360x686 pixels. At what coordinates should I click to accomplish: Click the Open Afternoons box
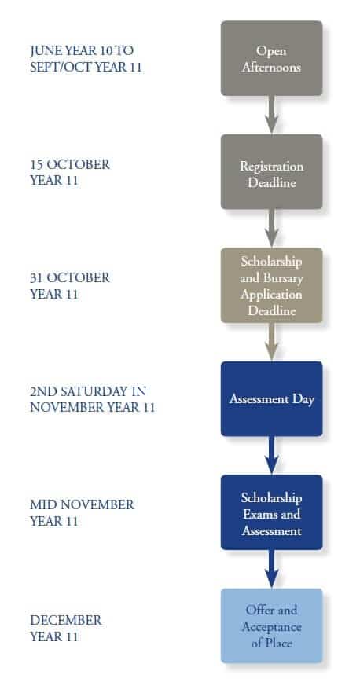271,58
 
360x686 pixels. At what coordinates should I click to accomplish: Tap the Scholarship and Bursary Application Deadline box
271,285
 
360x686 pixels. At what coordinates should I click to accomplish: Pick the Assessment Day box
271,399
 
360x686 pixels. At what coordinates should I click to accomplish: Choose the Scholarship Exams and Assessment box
271,512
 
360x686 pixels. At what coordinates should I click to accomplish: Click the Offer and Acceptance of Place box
271,625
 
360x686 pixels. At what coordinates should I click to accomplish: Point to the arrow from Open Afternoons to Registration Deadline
271,115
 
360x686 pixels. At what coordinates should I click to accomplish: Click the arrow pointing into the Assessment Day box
271,342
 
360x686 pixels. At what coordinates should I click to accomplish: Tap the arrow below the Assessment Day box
271,456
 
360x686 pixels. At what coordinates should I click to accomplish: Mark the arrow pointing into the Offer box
271,569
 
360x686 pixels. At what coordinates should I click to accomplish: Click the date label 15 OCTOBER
70,165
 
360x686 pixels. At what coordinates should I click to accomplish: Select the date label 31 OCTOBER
70,278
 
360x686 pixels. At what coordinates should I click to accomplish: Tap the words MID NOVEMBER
82,504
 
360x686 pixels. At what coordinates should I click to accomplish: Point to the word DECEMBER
65,620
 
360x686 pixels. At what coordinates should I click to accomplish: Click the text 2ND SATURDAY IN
88,391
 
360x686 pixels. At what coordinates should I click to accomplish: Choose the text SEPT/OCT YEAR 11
86,65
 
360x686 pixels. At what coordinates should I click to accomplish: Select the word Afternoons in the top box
271,68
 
